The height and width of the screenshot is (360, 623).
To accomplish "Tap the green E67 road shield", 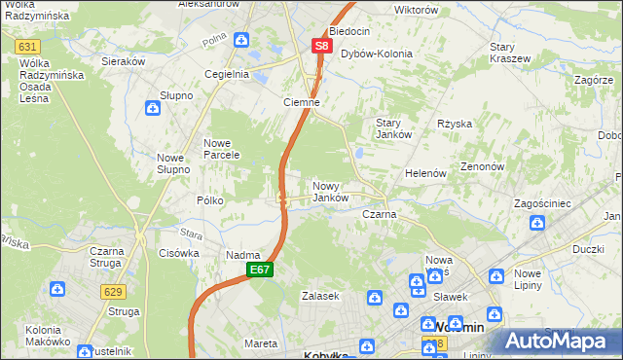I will [x=258, y=270].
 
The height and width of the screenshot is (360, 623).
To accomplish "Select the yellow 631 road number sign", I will [x=28, y=47].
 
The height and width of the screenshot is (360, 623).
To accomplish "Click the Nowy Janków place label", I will [x=330, y=191].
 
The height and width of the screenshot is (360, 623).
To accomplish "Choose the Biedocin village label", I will [x=350, y=31].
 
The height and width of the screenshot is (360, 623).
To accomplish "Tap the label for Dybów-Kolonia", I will [x=376, y=54].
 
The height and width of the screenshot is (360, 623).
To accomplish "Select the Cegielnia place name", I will [x=226, y=73].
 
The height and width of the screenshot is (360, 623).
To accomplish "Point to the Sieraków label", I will [x=124, y=59].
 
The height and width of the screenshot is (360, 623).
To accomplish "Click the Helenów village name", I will [x=425, y=172].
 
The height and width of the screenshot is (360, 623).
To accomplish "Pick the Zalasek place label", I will [x=319, y=295].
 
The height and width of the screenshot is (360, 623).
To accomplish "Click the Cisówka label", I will [x=178, y=252].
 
